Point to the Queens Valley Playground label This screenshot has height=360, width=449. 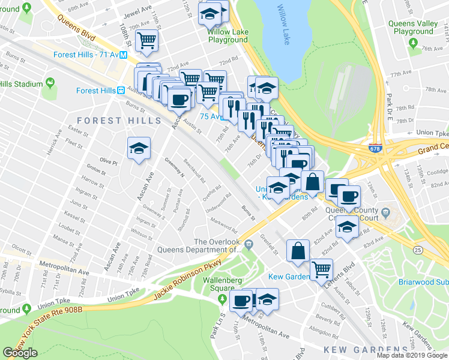click(410, 28)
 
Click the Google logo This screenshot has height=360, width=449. click(20, 353)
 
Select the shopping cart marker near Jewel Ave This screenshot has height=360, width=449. click(146, 40)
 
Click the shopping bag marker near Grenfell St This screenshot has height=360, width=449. click(298, 251)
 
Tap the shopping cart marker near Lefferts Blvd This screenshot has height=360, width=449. click(322, 269)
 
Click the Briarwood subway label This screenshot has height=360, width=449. click(423, 281)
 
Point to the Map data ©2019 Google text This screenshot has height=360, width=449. click(411, 355)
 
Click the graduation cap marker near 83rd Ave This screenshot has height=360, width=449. click(348, 226)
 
